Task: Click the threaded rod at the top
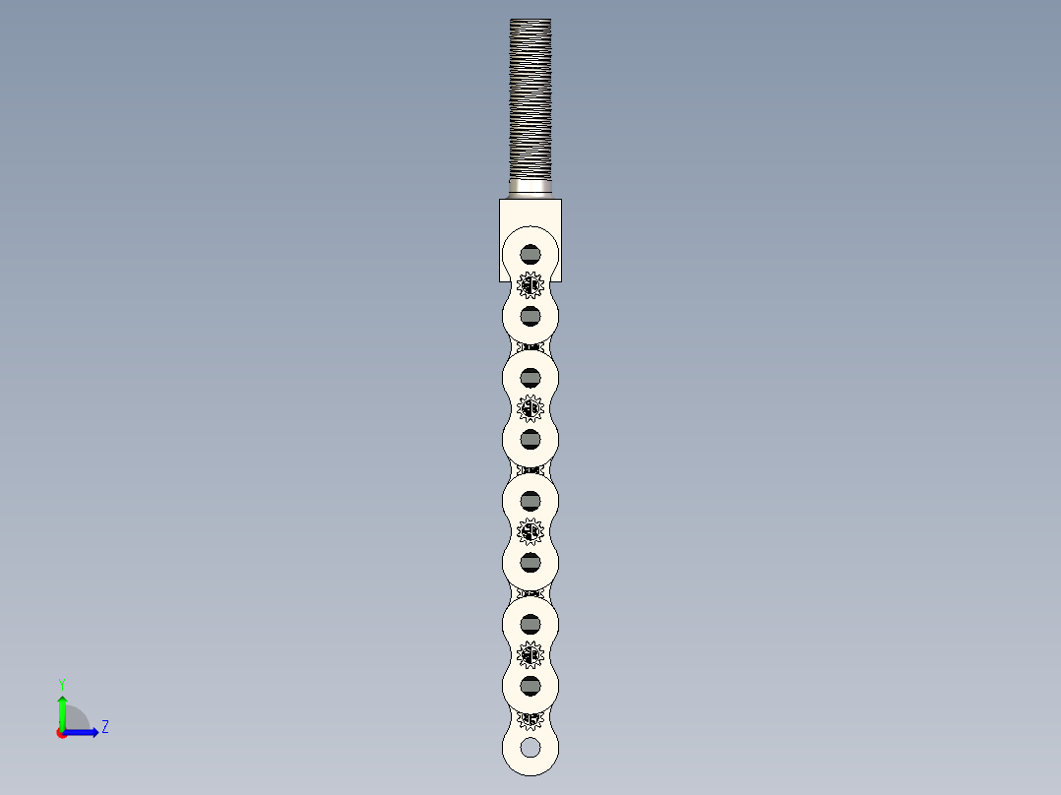[x=530, y=98]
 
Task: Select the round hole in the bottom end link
[x=530, y=748]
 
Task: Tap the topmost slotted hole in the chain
[x=530, y=254]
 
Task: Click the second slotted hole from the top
[x=530, y=315]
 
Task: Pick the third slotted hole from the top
[x=530, y=378]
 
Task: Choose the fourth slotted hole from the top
[x=530, y=439]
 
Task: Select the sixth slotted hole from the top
[x=530, y=562]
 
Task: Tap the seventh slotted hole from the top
[x=530, y=624]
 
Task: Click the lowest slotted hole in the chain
[x=530, y=685]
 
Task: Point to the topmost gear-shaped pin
[x=530, y=285]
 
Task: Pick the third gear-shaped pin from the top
[x=530, y=531]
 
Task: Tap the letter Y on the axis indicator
[x=61, y=683]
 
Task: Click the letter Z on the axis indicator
[x=104, y=727]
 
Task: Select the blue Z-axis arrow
[x=84, y=732]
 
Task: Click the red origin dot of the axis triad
[x=61, y=733]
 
